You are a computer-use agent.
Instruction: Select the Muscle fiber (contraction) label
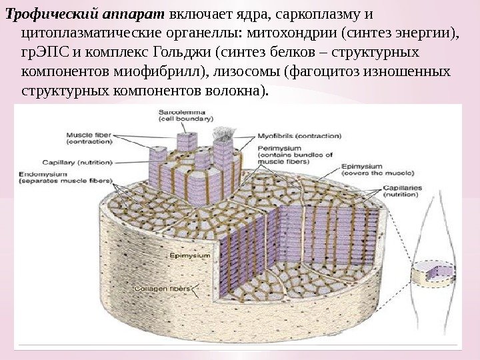click(x=89, y=138)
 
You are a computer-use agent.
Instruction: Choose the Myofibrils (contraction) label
click(x=299, y=135)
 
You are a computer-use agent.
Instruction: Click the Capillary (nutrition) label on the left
click(x=78, y=162)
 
